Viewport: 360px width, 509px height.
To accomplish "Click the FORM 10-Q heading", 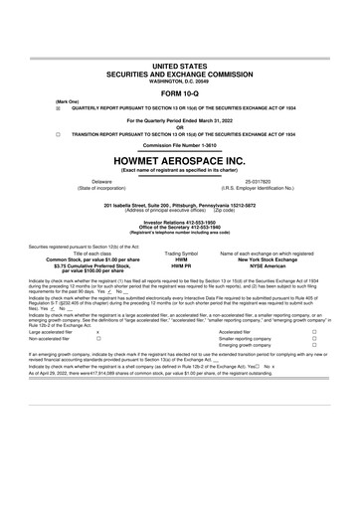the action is coord(179,68).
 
